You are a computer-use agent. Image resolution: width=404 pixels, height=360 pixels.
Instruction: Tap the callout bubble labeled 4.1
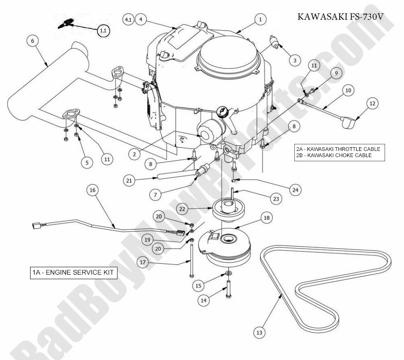click(x=128, y=19)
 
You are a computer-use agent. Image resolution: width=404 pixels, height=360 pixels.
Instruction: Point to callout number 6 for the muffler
click(x=33, y=41)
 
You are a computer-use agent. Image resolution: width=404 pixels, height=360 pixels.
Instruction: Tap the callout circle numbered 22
click(x=182, y=209)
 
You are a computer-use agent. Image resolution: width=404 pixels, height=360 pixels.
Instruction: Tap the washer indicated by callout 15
click(x=228, y=273)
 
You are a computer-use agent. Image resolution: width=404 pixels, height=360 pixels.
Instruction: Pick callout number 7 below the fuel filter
click(x=155, y=195)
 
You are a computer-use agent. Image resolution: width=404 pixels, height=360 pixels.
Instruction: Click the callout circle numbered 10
click(x=348, y=90)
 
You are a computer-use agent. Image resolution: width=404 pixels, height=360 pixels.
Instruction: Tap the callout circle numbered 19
click(x=159, y=238)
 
